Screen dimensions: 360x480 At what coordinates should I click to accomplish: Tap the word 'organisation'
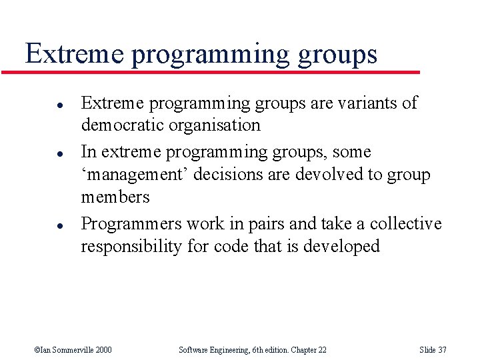click(x=218, y=125)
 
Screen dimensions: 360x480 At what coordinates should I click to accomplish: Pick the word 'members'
click(x=115, y=197)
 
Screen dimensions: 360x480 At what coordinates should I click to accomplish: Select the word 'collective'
click(x=406, y=223)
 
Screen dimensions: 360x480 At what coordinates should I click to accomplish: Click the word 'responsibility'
click(x=131, y=247)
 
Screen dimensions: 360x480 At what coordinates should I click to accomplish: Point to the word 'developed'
click(x=341, y=247)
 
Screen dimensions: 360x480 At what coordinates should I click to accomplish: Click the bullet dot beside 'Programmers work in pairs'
click(x=41, y=225)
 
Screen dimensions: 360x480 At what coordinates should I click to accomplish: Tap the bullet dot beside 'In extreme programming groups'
click(x=41, y=153)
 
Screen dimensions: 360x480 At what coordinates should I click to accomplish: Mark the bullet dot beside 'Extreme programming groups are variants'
click(x=41, y=104)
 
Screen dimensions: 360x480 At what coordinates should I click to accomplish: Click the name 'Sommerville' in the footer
click(x=71, y=349)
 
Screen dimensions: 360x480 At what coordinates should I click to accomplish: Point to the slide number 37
click(x=441, y=349)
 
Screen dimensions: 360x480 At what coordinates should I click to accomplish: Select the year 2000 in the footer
click(x=103, y=349)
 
